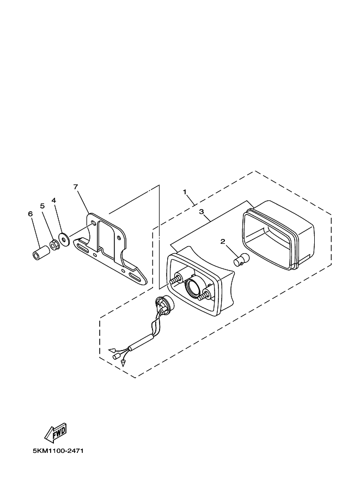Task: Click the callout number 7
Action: pos(76,187)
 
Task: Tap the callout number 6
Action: pos(30,214)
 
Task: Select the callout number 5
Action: pos(42,206)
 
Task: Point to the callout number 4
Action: pos(54,200)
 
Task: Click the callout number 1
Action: pos(185,192)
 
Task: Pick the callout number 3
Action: pos(202,211)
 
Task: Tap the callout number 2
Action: pos(222,241)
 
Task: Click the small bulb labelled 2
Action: pos(241,259)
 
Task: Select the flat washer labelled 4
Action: pos(64,239)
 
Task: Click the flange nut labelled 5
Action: pos(54,244)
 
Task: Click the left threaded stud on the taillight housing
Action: pos(175,280)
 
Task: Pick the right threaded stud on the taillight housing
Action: pos(206,295)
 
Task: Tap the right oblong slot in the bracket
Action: pos(135,277)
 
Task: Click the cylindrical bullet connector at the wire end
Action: pos(116,355)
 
